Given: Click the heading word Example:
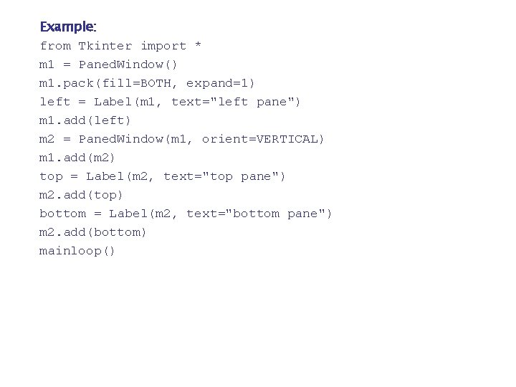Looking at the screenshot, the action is (68, 27).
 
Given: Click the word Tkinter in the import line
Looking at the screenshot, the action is (105, 46).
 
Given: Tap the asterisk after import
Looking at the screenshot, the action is (198, 46).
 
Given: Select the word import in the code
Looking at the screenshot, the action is (163, 46).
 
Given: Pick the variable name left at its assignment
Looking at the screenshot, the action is (55, 102).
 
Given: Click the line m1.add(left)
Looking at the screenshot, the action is (85, 120).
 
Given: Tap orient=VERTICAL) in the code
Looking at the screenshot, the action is (263, 139).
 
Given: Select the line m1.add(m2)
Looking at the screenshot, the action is (77, 158).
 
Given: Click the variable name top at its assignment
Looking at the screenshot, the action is (51, 176).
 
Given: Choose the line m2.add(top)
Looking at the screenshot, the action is (81, 195).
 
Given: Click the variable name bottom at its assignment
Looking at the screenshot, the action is (62, 214).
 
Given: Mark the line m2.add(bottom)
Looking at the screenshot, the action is (93, 232).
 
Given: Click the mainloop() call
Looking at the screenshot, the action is (77, 251).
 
